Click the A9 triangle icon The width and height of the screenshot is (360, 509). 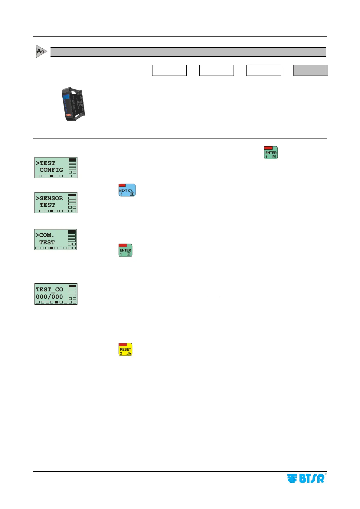(x=41, y=51)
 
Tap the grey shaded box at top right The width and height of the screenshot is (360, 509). (x=311, y=70)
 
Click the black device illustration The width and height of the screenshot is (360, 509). (x=73, y=104)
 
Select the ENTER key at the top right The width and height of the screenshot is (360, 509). (x=271, y=153)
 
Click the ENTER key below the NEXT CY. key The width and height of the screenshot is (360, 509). (x=125, y=251)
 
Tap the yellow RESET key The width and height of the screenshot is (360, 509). (x=125, y=350)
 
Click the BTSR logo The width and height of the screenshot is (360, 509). (x=306, y=478)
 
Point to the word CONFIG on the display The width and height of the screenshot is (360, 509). (x=51, y=170)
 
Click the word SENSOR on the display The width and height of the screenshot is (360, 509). (x=51, y=198)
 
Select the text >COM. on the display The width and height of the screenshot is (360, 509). (x=45, y=235)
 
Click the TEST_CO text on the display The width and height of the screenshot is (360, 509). (x=49, y=290)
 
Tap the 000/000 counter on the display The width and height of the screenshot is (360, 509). (x=49, y=297)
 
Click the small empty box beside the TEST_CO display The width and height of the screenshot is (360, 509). (x=213, y=301)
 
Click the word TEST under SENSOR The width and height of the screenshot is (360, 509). (x=47, y=205)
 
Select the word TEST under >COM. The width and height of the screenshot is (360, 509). (x=47, y=242)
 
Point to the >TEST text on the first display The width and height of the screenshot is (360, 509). (x=46, y=163)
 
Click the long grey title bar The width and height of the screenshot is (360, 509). (x=188, y=52)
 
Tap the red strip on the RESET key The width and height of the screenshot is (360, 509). (x=123, y=345)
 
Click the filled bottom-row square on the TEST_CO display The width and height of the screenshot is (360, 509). (x=56, y=302)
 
